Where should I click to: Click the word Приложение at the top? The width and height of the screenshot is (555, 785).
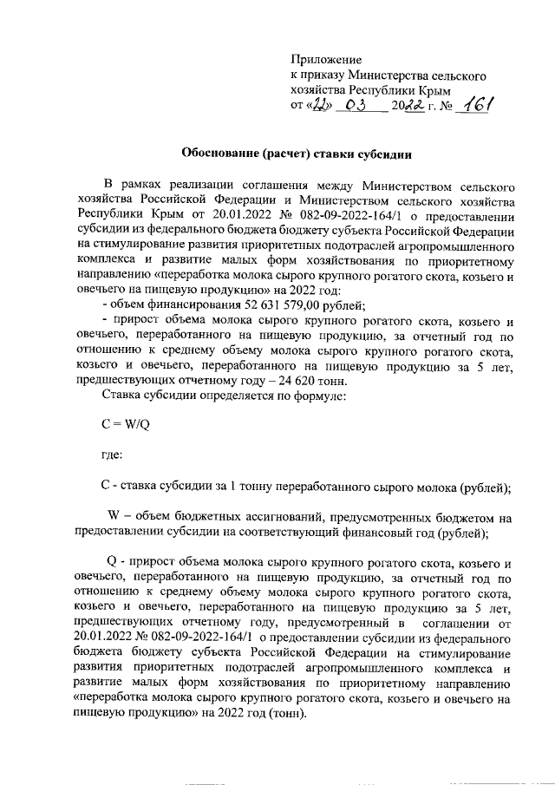pyautogui.click(x=324, y=60)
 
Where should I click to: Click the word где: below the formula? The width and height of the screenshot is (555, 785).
pyautogui.click(x=112, y=455)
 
